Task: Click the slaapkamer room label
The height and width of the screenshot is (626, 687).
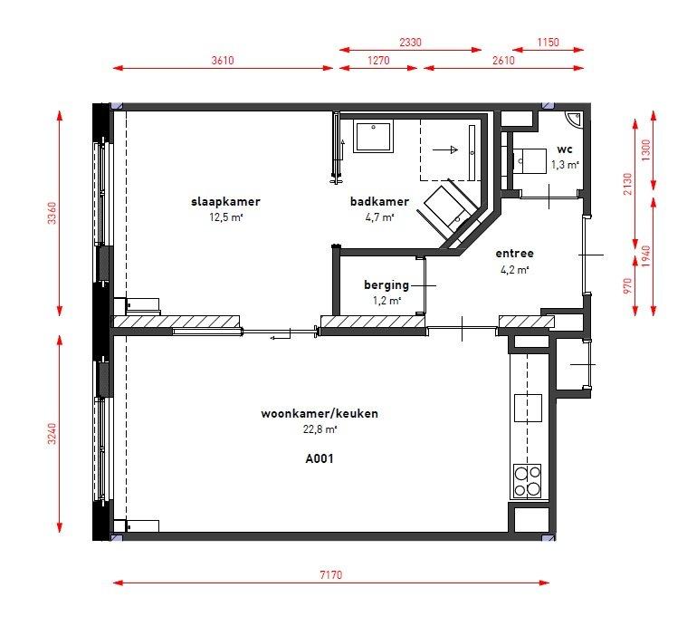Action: point(225,202)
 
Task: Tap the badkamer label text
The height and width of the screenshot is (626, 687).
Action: point(379,202)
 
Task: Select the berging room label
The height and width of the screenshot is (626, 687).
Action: point(386,285)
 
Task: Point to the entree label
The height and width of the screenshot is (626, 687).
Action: point(514,254)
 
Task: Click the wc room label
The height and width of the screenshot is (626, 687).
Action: point(565,149)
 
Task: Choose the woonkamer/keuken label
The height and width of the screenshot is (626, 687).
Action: point(320,413)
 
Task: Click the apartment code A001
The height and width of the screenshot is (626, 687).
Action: point(320,458)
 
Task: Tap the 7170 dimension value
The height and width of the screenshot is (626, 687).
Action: point(330,574)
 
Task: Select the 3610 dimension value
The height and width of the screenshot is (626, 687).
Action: point(223,60)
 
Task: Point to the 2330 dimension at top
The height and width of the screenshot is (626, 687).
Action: point(410,42)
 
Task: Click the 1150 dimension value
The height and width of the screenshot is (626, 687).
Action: point(549,42)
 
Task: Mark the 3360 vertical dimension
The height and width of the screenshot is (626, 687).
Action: point(52,213)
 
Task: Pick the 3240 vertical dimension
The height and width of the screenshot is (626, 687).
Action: point(52,434)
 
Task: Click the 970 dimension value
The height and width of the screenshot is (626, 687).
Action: point(628,285)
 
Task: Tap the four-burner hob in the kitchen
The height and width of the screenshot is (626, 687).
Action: point(528,481)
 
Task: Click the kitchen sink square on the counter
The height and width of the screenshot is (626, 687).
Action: point(528,409)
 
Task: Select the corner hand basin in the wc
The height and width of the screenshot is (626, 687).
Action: point(573,119)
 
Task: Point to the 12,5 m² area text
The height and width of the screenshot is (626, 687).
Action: point(225,217)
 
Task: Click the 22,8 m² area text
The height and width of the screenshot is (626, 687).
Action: point(320,429)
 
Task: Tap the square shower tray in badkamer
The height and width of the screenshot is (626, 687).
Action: point(373,136)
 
